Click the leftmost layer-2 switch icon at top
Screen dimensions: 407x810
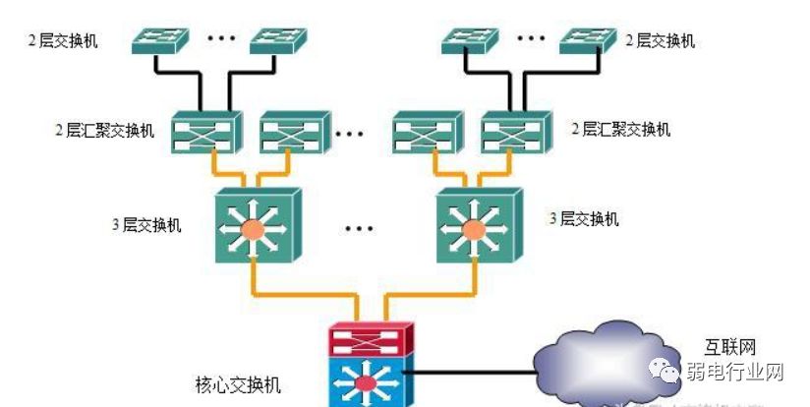point(158,39)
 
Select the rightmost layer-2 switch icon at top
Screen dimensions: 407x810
point(589,40)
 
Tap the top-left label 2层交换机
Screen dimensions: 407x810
point(63,40)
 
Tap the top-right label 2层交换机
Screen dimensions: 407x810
point(661,40)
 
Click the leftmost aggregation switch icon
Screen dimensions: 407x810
point(204,131)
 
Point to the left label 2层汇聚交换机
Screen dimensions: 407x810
point(104,130)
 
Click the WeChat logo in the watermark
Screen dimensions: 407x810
point(669,373)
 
